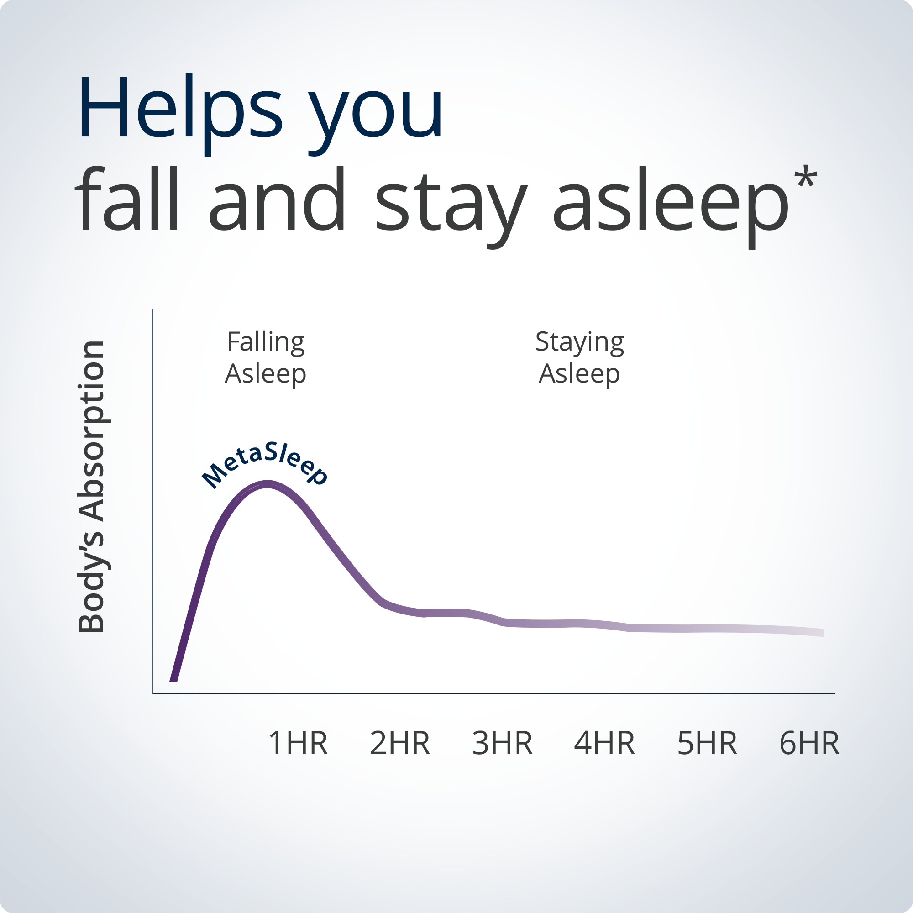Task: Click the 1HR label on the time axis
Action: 298,743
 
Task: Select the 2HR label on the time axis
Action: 400,743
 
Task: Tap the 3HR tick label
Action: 502,743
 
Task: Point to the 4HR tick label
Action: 604,743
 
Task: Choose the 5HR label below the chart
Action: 707,743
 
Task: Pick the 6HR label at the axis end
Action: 809,743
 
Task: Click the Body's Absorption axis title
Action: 91,487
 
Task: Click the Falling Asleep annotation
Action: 266,357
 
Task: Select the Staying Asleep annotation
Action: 580,357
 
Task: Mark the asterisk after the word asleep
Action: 806,177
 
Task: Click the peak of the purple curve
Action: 268,484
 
